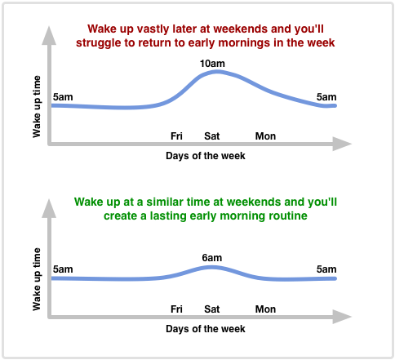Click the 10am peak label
click(x=212, y=64)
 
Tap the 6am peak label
click(x=212, y=258)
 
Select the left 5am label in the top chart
click(x=63, y=97)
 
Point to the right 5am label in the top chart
click(x=326, y=97)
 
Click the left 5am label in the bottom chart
click(x=63, y=269)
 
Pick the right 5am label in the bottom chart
click(x=326, y=269)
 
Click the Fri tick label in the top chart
click(x=176, y=136)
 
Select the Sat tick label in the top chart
click(x=212, y=136)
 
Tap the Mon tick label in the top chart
click(x=265, y=136)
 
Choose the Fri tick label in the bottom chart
click(x=176, y=309)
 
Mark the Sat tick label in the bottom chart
click(x=212, y=309)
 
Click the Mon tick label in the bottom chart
click(x=265, y=309)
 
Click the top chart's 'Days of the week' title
click(x=206, y=156)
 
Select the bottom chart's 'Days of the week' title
click(x=206, y=329)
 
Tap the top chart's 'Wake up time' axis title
click(x=37, y=107)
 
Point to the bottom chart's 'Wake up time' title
click(x=37, y=279)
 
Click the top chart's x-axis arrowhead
click(x=342, y=144)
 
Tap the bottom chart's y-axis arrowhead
click(x=49, y=208)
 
